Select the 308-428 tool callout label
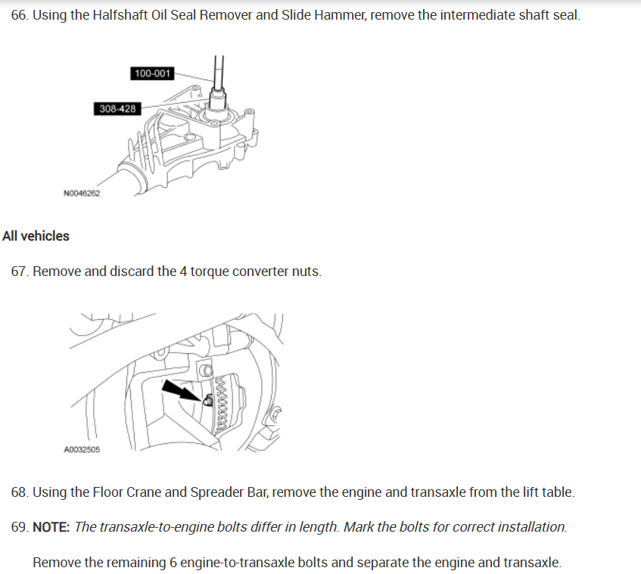pos(117,109)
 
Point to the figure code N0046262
pos(82,194)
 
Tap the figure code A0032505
pos(82,449)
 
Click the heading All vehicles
pos(36,236)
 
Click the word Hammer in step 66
pos(337,16)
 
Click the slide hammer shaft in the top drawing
pos(218,72)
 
